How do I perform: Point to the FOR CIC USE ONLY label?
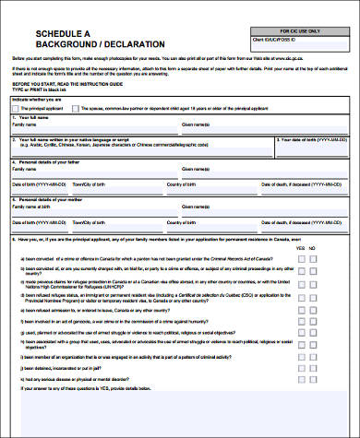(300, 31)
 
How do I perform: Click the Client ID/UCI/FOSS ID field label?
(278, 41)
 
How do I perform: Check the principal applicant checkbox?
(15, 108)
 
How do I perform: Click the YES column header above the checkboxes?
(299, 248)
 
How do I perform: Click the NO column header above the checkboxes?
(313, 248)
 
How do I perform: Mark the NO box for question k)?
(313, 378)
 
